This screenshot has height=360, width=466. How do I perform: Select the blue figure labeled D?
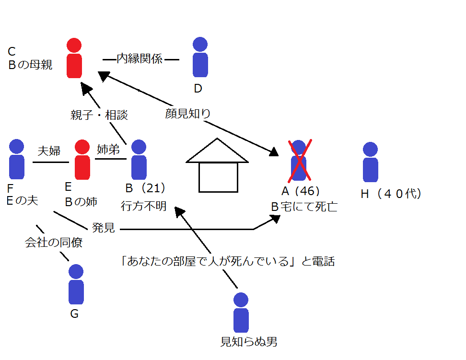pyautogui.click(x=200, y=58)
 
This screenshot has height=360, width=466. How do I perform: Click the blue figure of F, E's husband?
pyautogui.click(x=17, y=160)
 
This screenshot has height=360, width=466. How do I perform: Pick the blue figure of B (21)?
pyautogui.click(x=139, y=160)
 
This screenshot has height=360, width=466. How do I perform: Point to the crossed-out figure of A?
pyautogui.click(x=299, y=161)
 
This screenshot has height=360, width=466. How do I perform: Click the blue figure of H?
pyautogui.click(x=370, y=163)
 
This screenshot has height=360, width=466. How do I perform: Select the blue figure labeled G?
pyautogui.click(x=76, y=285)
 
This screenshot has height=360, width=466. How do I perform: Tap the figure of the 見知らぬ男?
pyautogui.click(x=241, y=314)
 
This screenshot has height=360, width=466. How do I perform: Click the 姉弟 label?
pyautogui.click(x=109, y=149)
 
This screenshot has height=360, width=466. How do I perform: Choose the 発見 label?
pyautogui.click(x=103, y=228)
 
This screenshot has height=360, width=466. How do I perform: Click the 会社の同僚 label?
pyautogui.click(x=54, y=243)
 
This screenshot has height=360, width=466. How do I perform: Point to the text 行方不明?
pyautogui.click(x=143, y=206)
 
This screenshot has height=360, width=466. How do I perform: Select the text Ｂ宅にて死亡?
pyautogui.click(x=304, y=207)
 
